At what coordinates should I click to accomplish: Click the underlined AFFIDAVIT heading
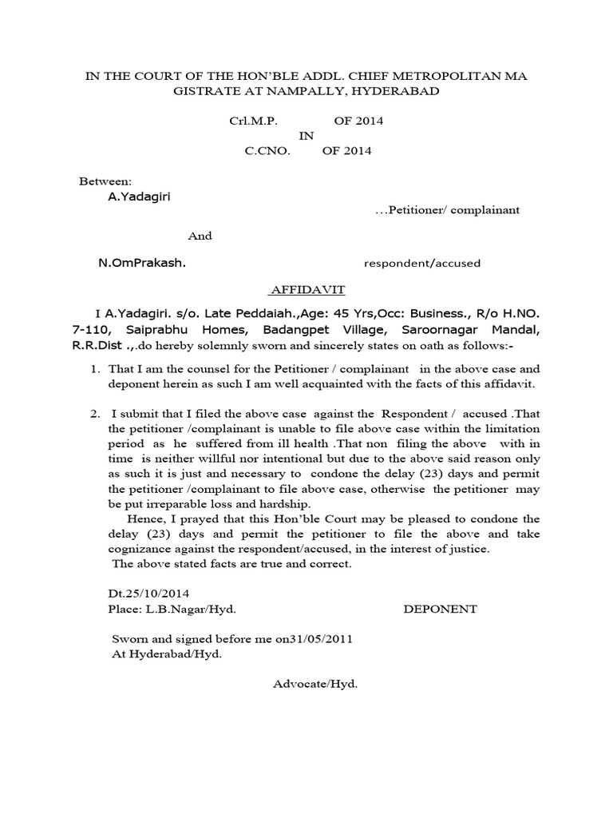click(x=306, y=289)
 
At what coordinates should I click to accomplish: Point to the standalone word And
click(x=200, y=236)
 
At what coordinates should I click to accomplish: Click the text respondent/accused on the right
click(x=422, y=263)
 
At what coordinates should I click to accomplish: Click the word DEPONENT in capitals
click(x=440, y=609)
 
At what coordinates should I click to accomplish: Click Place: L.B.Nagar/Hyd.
click(x=172, y=609)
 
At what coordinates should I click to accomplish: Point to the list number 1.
click(x=93, y=369)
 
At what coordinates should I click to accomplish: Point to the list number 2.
click(x=93, y=414)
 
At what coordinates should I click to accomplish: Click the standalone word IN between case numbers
click(x=306, y=136)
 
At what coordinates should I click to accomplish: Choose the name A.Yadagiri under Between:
click(x=139, y=197)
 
